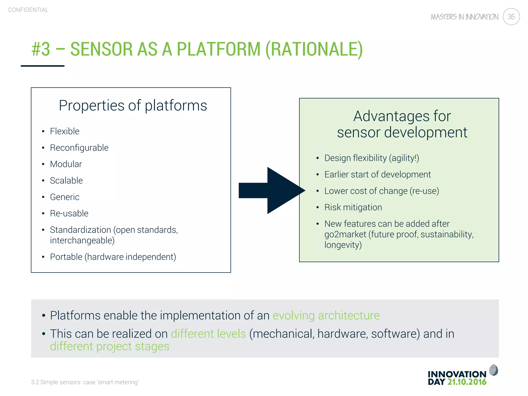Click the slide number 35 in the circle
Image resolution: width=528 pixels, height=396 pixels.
tap(511, 17)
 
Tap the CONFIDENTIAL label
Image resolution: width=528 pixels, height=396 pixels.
tap(28, 10)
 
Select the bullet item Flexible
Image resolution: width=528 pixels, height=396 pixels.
tap(64, 131)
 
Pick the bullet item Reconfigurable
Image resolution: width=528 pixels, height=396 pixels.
tap(79, 148)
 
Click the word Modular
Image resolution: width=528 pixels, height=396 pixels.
tap(66, 164)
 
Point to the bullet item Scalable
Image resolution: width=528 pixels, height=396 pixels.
tap(66, 180)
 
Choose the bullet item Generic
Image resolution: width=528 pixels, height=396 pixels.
tap(64, 197)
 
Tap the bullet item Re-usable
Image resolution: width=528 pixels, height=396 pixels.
tap(69, 213)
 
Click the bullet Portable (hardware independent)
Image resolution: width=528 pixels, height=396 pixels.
tap(113, 257)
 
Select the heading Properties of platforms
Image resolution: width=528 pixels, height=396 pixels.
tap(133, 105)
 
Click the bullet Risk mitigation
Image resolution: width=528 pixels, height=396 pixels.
tap(353, 207)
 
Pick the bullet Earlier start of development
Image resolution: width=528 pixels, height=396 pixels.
tap(377, 175)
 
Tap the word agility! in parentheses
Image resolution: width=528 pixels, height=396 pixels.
tap(404, 158)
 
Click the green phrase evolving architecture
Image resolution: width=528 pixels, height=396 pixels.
tap(326, 316)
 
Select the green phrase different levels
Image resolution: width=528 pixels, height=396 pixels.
tap(208, 334)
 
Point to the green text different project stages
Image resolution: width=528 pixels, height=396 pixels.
tap(110, 346)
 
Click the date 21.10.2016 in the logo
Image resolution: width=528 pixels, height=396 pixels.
tap(467, 382)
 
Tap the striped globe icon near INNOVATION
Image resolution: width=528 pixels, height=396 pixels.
tap(493, 370)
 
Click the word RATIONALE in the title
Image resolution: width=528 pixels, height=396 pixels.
tap(314, 49)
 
